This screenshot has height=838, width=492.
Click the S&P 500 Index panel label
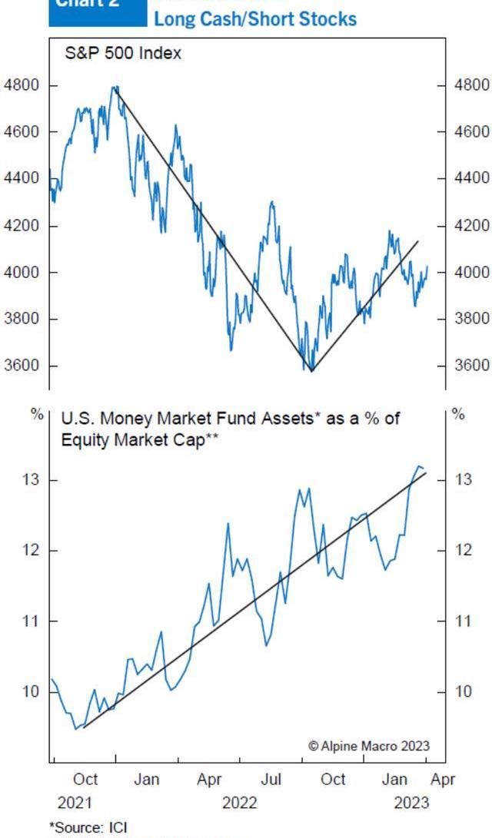(123, 54)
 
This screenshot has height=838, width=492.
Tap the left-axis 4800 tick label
(22, 84)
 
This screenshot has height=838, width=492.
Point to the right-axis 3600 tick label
(471, 365)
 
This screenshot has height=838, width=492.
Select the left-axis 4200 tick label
(22, 226)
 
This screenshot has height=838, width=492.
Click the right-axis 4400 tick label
(471, 178)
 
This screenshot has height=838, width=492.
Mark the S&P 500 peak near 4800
(115, 88)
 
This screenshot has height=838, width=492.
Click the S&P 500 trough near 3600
(311, 370)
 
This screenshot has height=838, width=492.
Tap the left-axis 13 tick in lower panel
(28, 480)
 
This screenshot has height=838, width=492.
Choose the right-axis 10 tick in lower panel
(462, 691)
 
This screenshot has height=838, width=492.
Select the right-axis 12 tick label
(462, 550)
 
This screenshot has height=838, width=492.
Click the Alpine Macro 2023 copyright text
(369, 746)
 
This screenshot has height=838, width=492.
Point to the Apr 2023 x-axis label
(443, 780)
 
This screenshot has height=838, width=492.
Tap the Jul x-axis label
(271, 780)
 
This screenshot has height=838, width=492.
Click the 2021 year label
(75, 803)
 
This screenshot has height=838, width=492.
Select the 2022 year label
(239, 803)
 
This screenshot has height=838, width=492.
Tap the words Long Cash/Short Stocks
(255, 18)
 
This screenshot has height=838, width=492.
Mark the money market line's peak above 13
(420, 466)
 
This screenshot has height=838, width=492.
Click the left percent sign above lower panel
(37, 414)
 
